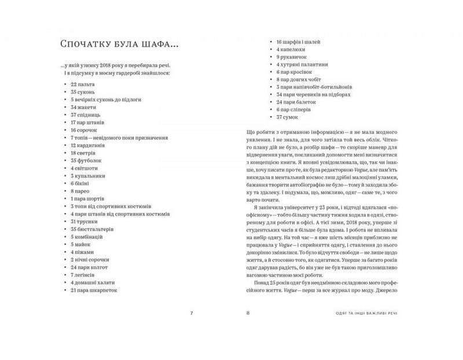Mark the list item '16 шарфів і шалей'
[299, 42]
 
